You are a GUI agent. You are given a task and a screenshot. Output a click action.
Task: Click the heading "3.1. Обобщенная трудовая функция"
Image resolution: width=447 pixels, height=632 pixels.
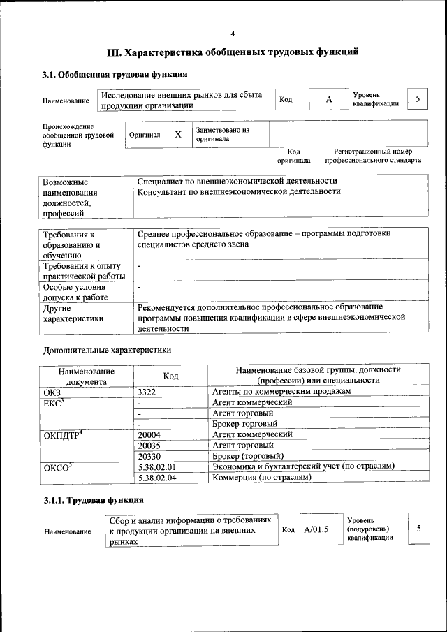[x=115, y=74]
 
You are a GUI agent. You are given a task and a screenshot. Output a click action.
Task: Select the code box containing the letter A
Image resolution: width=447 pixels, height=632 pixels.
[x=328, y=100]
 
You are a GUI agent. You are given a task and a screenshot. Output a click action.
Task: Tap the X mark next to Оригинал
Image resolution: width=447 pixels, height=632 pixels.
[x=178, y=134]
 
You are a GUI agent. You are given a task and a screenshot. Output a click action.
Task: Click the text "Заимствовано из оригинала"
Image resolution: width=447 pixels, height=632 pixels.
[x=222, y=134]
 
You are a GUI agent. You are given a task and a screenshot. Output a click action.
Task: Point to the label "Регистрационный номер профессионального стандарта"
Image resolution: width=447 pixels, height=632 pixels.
[x=372, y=156]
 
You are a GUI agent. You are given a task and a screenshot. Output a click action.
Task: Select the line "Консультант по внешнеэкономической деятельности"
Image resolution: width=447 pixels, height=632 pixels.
[x=239, y=191]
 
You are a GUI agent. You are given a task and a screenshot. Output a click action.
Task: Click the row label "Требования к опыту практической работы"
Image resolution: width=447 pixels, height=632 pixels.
[x=82, y=271]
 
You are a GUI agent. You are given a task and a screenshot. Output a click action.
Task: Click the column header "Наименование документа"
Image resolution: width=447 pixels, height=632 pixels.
[x=87, y=376]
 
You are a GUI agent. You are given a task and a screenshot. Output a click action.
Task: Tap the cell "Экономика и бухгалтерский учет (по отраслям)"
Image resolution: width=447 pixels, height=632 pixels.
[x=303, y=466]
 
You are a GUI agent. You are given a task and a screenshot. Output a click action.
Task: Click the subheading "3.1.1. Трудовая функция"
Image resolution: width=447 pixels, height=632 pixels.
[x=94, y=501]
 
